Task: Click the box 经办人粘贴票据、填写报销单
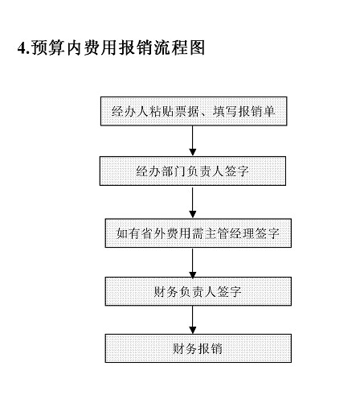tap(193, 110)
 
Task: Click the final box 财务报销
tap(193, 348)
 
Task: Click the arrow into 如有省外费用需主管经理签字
tap(193, 202)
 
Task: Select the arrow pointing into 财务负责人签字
tap(193, 262)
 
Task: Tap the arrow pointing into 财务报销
tap(193, 320)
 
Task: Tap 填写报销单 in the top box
tap(239, 110)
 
